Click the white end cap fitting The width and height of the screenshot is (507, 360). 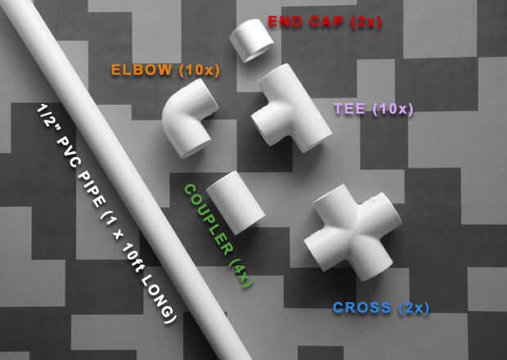coord(250,38)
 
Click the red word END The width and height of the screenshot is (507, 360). coord(285,21)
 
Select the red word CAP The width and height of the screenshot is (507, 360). coord(328,21)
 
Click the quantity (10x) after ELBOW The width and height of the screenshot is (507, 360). coord(200,70)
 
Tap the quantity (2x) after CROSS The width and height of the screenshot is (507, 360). coord(414,308)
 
